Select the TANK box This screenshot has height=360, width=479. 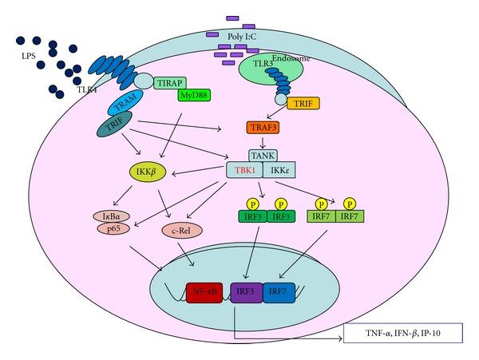260,156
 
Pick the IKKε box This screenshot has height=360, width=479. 277,170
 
